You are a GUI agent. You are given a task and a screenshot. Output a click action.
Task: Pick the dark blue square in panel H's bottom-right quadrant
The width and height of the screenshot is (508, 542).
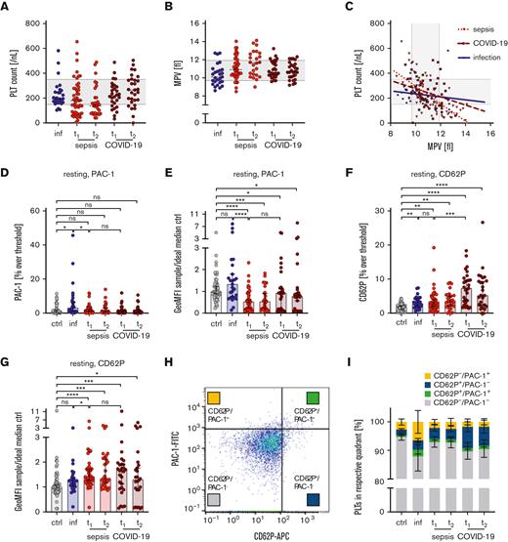point(313,500)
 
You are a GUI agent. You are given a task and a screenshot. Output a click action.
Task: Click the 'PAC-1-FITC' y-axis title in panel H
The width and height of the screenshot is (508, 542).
point(189,438)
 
